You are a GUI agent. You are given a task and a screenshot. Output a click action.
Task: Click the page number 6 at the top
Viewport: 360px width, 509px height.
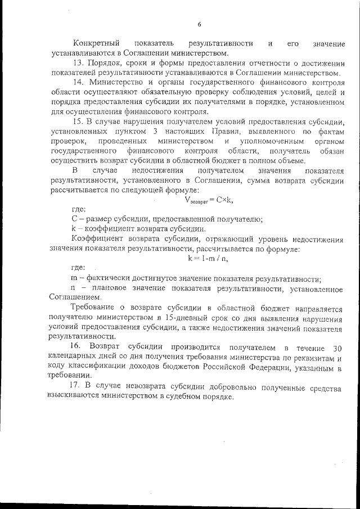[x=199, y=24]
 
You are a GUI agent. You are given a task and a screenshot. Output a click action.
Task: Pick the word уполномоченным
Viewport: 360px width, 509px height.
[x=263, y=141]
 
